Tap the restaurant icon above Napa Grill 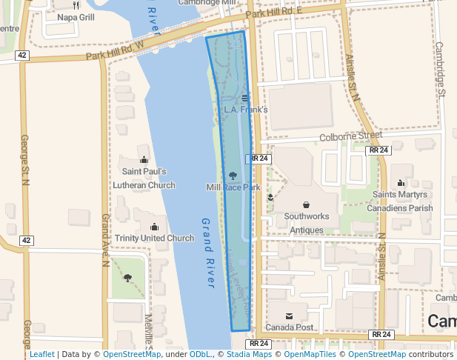pyautogui.click(x=76, y=4)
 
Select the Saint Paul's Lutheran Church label pyautogui.click(x=149, y=179)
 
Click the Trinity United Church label pyautogui.click(x=154, y=239)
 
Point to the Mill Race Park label pyautogui.click(x=233, y=187)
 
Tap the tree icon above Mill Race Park pyautogui.click(x=233, y=176)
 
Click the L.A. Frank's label pyautogui.click(x=245, y=110)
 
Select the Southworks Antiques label pyautogui.click(x=307, y=223)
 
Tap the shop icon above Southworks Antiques pyautogui.click(x=306, y=204)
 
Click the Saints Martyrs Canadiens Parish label pyautogui.click(x=402, y=201)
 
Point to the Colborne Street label pyautogui.click(x=350, y=136)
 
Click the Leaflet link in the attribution pyautogui.click(x=41, y=354)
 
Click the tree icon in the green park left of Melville pyautogui.click(x=127, y=279)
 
